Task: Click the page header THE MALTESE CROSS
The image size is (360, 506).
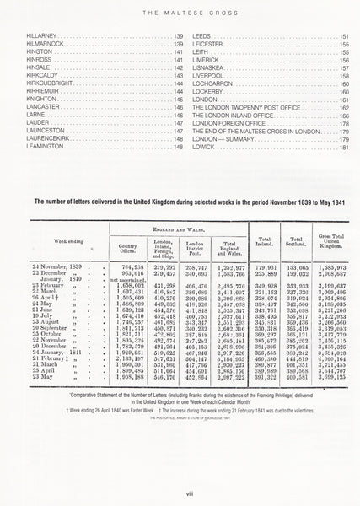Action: (x=180, y=12)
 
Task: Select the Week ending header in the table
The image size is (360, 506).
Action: (x=56, y=240)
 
